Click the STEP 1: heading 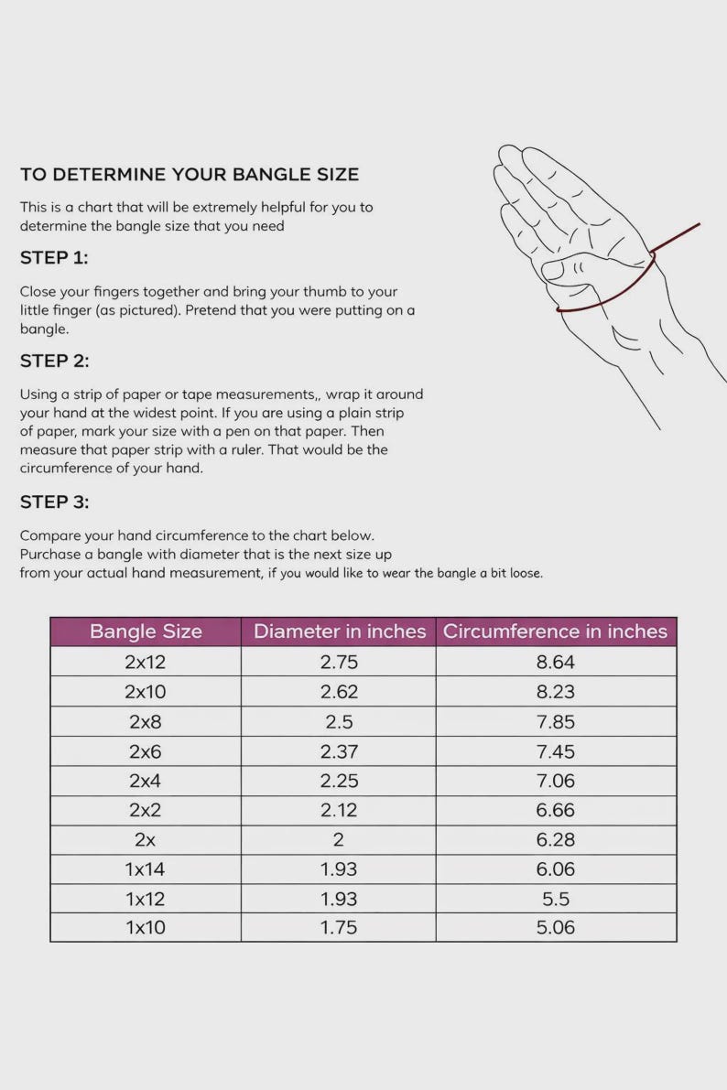pyautogui.click(x=54, y=258)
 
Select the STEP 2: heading pyautogui.click(x=54, y=361)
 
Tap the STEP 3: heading pyautogui.click(x=54, y=502)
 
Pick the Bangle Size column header pyautogui.click(x=146, y=631)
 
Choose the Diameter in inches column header pyautogui.click(x=340, y=631)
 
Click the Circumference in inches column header pyautogui.click(x=555, y=631)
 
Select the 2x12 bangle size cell pyautogui.click(x=146, y=662)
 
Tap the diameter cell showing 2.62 pyautogui.click(x=339, y=692)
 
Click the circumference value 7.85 pyautogui.click(x=555, y=721)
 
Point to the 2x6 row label pyautogui.click(x=146, y=751)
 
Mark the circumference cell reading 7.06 pyautogui.click(x=555, y=781)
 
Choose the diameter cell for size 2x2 pyautogui.click(x=339, y=810)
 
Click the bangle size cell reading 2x pyautogui.click(x=145, y=840)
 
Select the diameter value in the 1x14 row pyautogui.click(x=339, y=869)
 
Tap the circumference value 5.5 pyautogui.click(x=555, y=899)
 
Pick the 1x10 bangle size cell pyautogui.click(x=146, y=927)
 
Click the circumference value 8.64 pyautogui.click(x=555, y=662)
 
